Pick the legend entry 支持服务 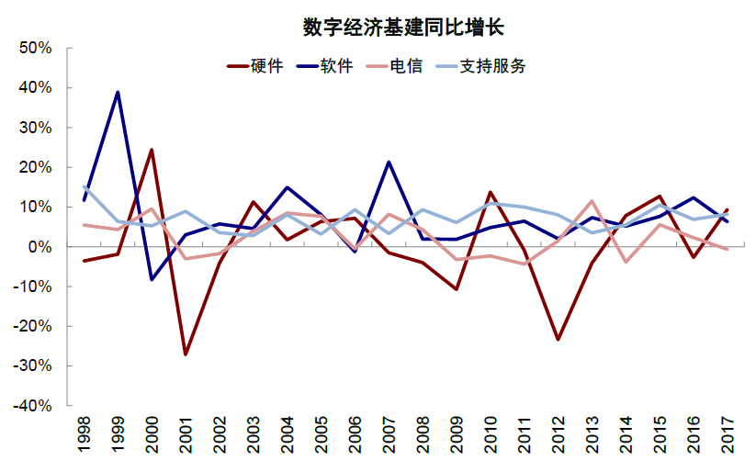(493, 66)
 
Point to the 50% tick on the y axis (36, 48)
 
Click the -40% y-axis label (34, 405)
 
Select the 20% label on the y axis (36, 167)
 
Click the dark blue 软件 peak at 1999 (118, 92)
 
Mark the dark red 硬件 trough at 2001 (185, 354)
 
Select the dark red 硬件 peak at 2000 (152, 150)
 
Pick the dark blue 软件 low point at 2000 (152, 279)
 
